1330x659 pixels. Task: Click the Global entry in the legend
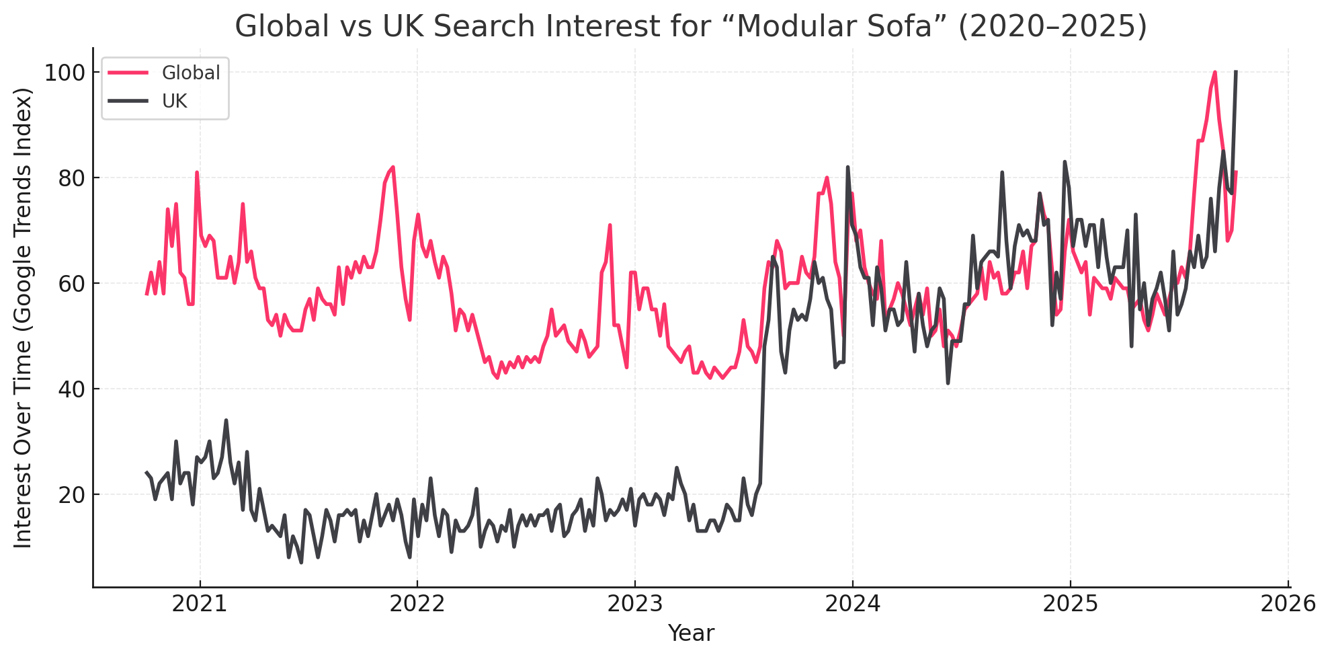(x=190, y=73)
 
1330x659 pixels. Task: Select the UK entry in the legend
(x=175, y=101)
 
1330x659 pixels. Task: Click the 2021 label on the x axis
(x=200, y=604)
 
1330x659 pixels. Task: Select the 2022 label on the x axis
(x=417, y=604)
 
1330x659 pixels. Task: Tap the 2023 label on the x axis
(x=635, y=604)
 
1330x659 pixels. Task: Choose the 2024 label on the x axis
(x=853, y=604)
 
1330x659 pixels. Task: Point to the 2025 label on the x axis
(x=1071, y=604)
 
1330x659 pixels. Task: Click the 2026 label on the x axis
(x=1288, y=604)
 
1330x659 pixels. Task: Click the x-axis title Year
(x=691, y=633)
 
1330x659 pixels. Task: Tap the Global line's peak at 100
(x=1214, y=72)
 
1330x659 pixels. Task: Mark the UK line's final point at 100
(x=1236, y=72)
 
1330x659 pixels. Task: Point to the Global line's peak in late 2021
(x=393, y=167)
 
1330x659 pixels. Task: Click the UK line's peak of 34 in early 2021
(x=226, y=420)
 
